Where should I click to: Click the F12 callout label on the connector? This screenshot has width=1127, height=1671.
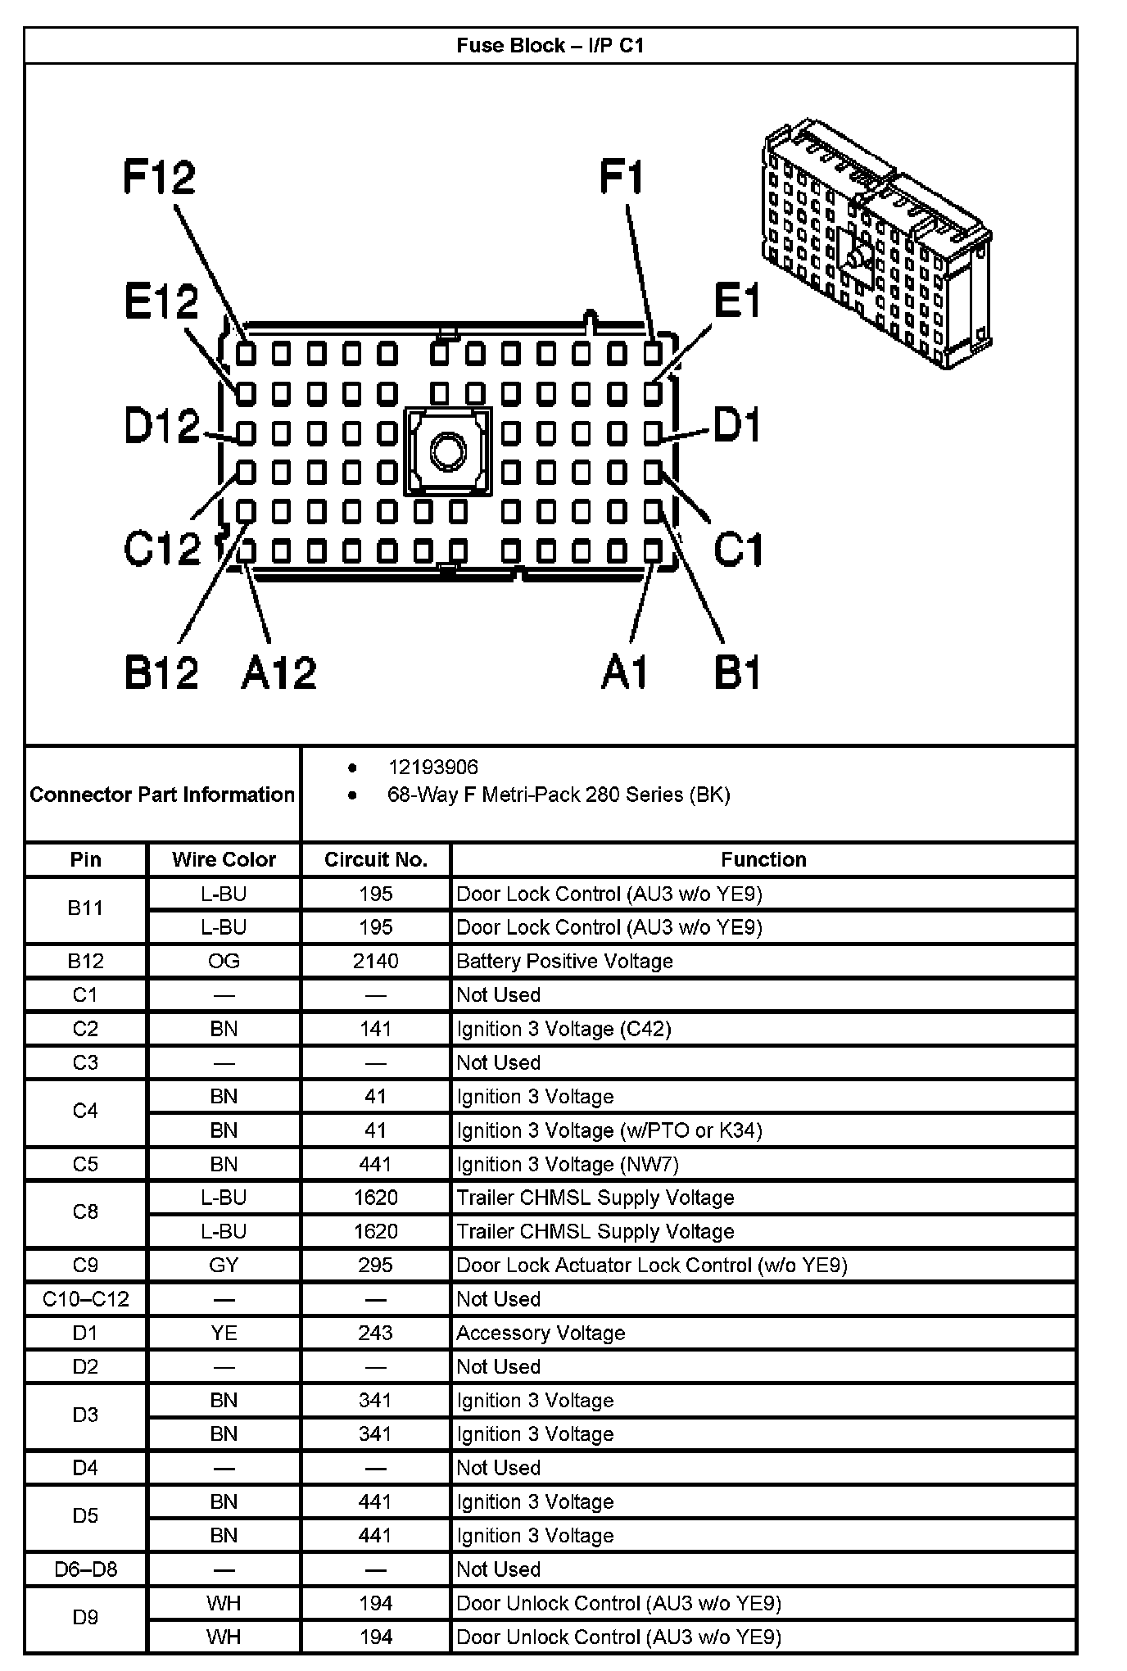click(x=160, y=177)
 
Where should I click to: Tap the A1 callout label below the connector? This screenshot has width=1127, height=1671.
click(x=624, y=672)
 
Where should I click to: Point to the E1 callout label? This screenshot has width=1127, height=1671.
click(x=737, y=301)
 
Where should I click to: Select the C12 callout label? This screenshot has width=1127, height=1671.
click(x=162, y=548)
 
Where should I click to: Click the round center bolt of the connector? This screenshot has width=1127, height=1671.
click(x=447, y=451)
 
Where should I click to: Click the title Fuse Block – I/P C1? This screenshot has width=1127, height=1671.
click(x=550, y=46)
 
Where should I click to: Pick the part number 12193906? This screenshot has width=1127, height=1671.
click(x=432, y=768)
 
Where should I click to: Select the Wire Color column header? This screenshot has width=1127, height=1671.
click(x=224, y=859)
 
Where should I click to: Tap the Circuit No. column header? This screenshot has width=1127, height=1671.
click(x=376, y=859)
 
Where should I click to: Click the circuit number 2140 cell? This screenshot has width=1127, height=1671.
click(x=376, y=961)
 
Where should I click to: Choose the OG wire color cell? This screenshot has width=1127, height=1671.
click(x=224, y=961)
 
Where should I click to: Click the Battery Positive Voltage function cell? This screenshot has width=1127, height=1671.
click(x=564, y=961)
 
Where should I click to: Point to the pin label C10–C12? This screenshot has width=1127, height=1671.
click(x=86, y=1299)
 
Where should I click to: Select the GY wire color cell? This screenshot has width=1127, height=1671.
click(x=224, y=1266)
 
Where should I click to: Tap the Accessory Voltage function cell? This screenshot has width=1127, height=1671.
click(x=541, y=1333)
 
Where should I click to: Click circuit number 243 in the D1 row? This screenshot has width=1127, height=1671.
click(x=376, y=1333)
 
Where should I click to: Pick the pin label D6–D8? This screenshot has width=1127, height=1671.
click(x=86, y=1569)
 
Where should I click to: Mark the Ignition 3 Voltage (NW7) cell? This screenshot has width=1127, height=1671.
click(x=568, y=1164)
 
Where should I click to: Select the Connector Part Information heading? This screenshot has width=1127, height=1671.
click(x=162, y=795)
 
